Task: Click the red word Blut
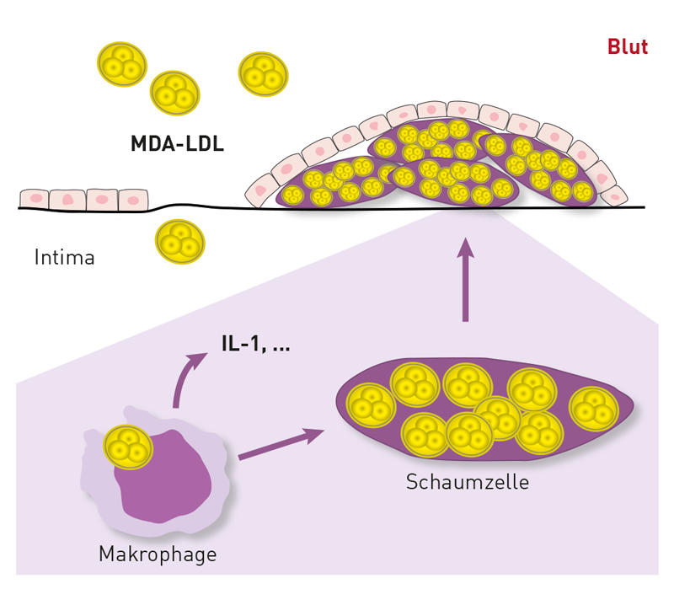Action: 628,47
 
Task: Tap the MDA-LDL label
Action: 177,143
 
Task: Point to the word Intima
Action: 65,257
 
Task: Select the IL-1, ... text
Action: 256,343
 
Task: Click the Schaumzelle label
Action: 468,482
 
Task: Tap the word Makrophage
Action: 158,554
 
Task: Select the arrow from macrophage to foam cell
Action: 281,444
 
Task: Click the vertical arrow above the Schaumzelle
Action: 465,280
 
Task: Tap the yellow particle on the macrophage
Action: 128,447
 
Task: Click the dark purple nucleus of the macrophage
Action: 163,477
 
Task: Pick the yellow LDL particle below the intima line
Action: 180,242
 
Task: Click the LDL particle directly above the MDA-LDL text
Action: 175,94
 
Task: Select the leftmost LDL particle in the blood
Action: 122,64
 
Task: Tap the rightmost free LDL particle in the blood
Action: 263,74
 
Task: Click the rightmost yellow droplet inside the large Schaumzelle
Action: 594,409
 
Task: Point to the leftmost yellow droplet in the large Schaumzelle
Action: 371,405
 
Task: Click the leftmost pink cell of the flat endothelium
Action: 35,199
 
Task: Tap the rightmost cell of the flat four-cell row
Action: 133,200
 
